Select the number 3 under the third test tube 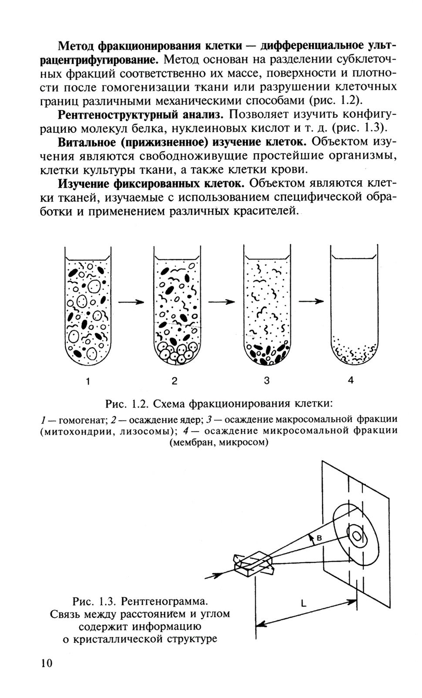[x=267, y=381]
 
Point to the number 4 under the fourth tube [x=351, y=380]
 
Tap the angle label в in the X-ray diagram [x=319, y=538]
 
